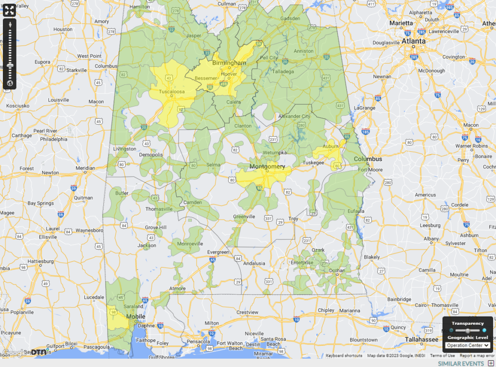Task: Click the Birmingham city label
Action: (229, 63)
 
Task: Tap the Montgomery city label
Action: (267, 167)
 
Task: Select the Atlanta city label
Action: (413, 41)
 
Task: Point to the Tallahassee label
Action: (422, 339)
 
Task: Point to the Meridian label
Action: (85, 168)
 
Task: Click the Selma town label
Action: (213, 165)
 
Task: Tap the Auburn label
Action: (331, 145)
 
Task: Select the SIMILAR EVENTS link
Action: (461, 364)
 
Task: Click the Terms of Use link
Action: (442, 355)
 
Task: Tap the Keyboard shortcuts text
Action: (344, 355)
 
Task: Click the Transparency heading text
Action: (467, 323)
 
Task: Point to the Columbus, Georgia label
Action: (368, 159)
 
